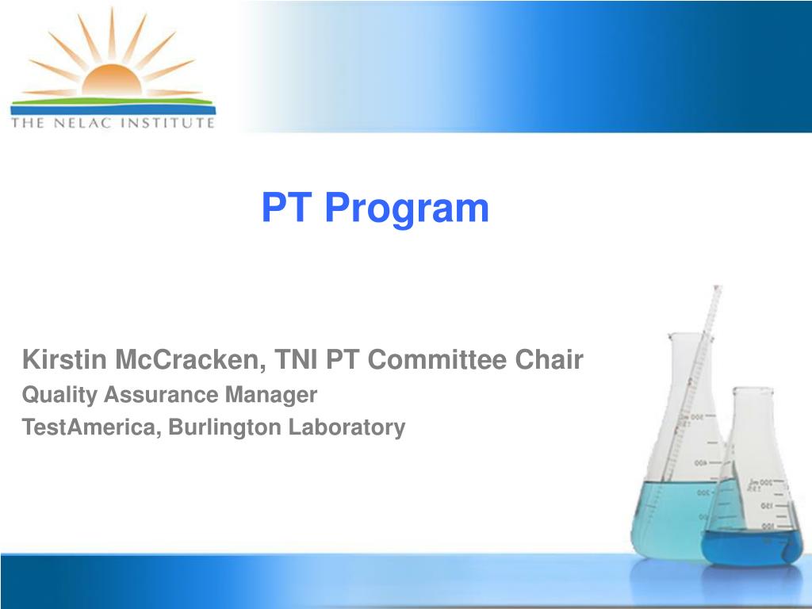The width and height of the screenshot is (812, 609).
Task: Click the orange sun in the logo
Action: coord(112,82)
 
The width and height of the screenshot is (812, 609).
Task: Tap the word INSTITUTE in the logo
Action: coord(171,123)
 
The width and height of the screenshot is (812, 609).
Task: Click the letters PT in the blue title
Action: coord(288,208)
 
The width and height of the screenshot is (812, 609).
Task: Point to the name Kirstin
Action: coord(64,361)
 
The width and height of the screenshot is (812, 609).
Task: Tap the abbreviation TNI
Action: coord(297,361)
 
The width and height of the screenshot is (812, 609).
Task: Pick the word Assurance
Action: coord(162,395)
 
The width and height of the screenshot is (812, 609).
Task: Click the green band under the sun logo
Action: coord(112,101)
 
